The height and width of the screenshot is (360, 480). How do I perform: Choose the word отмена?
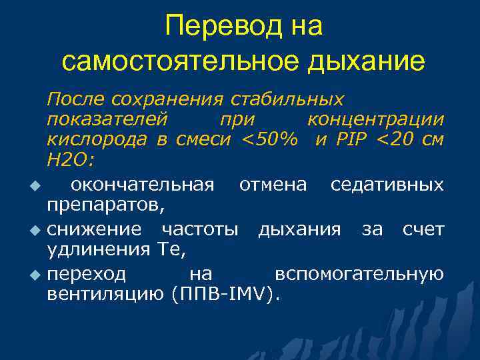(273, 183)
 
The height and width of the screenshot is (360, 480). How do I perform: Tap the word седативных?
(387, 183)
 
